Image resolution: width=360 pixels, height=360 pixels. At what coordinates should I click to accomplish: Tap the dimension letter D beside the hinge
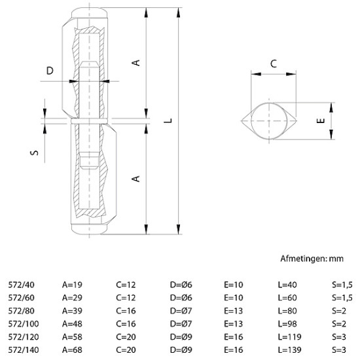tap(50, 71)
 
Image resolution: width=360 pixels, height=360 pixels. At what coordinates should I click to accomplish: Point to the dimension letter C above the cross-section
tap(274, 63)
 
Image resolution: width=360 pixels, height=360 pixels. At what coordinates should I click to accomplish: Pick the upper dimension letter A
tap(136, 63)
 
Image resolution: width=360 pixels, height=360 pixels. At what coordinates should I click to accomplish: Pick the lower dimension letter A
tap(136, 178)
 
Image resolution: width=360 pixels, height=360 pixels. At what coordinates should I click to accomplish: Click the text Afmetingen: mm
tap(312, 259)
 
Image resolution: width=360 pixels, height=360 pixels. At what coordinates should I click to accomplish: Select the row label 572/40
tap(21, 285)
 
